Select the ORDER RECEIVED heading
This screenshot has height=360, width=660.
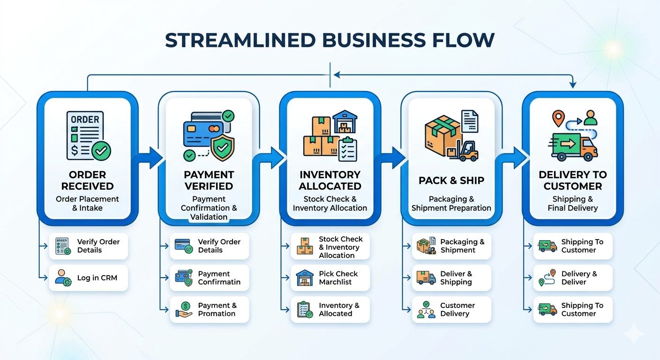tap(87, 180)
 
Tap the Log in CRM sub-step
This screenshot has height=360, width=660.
tap(88, 278)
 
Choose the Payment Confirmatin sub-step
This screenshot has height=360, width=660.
tap(209, 278)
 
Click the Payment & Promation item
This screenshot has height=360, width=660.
tap(209, 309)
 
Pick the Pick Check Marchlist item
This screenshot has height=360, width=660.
tap(330, 278)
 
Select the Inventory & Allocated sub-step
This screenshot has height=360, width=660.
tap(330, 309)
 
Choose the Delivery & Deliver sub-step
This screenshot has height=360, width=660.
tap(572, 278)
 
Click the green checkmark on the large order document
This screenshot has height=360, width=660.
tap(101, 151)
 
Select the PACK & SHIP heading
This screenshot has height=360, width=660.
tap(451, 180)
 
